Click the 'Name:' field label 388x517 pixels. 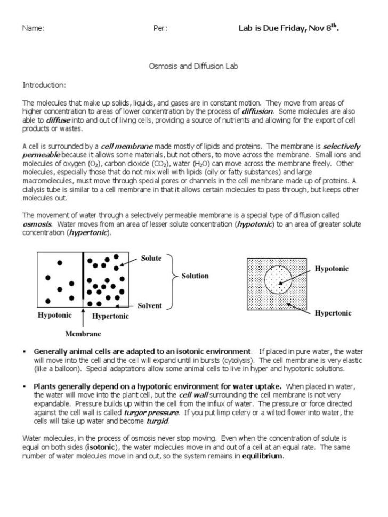33,28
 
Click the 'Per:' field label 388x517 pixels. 160,28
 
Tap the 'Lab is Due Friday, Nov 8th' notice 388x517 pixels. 288,28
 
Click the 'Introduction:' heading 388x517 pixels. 44,85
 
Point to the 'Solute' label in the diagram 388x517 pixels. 151,258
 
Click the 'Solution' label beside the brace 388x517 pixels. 195,276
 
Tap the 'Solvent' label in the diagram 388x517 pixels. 149,306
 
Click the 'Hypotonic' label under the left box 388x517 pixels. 54,316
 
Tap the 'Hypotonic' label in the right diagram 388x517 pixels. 332,269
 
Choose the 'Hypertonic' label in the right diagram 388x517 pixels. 333,313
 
